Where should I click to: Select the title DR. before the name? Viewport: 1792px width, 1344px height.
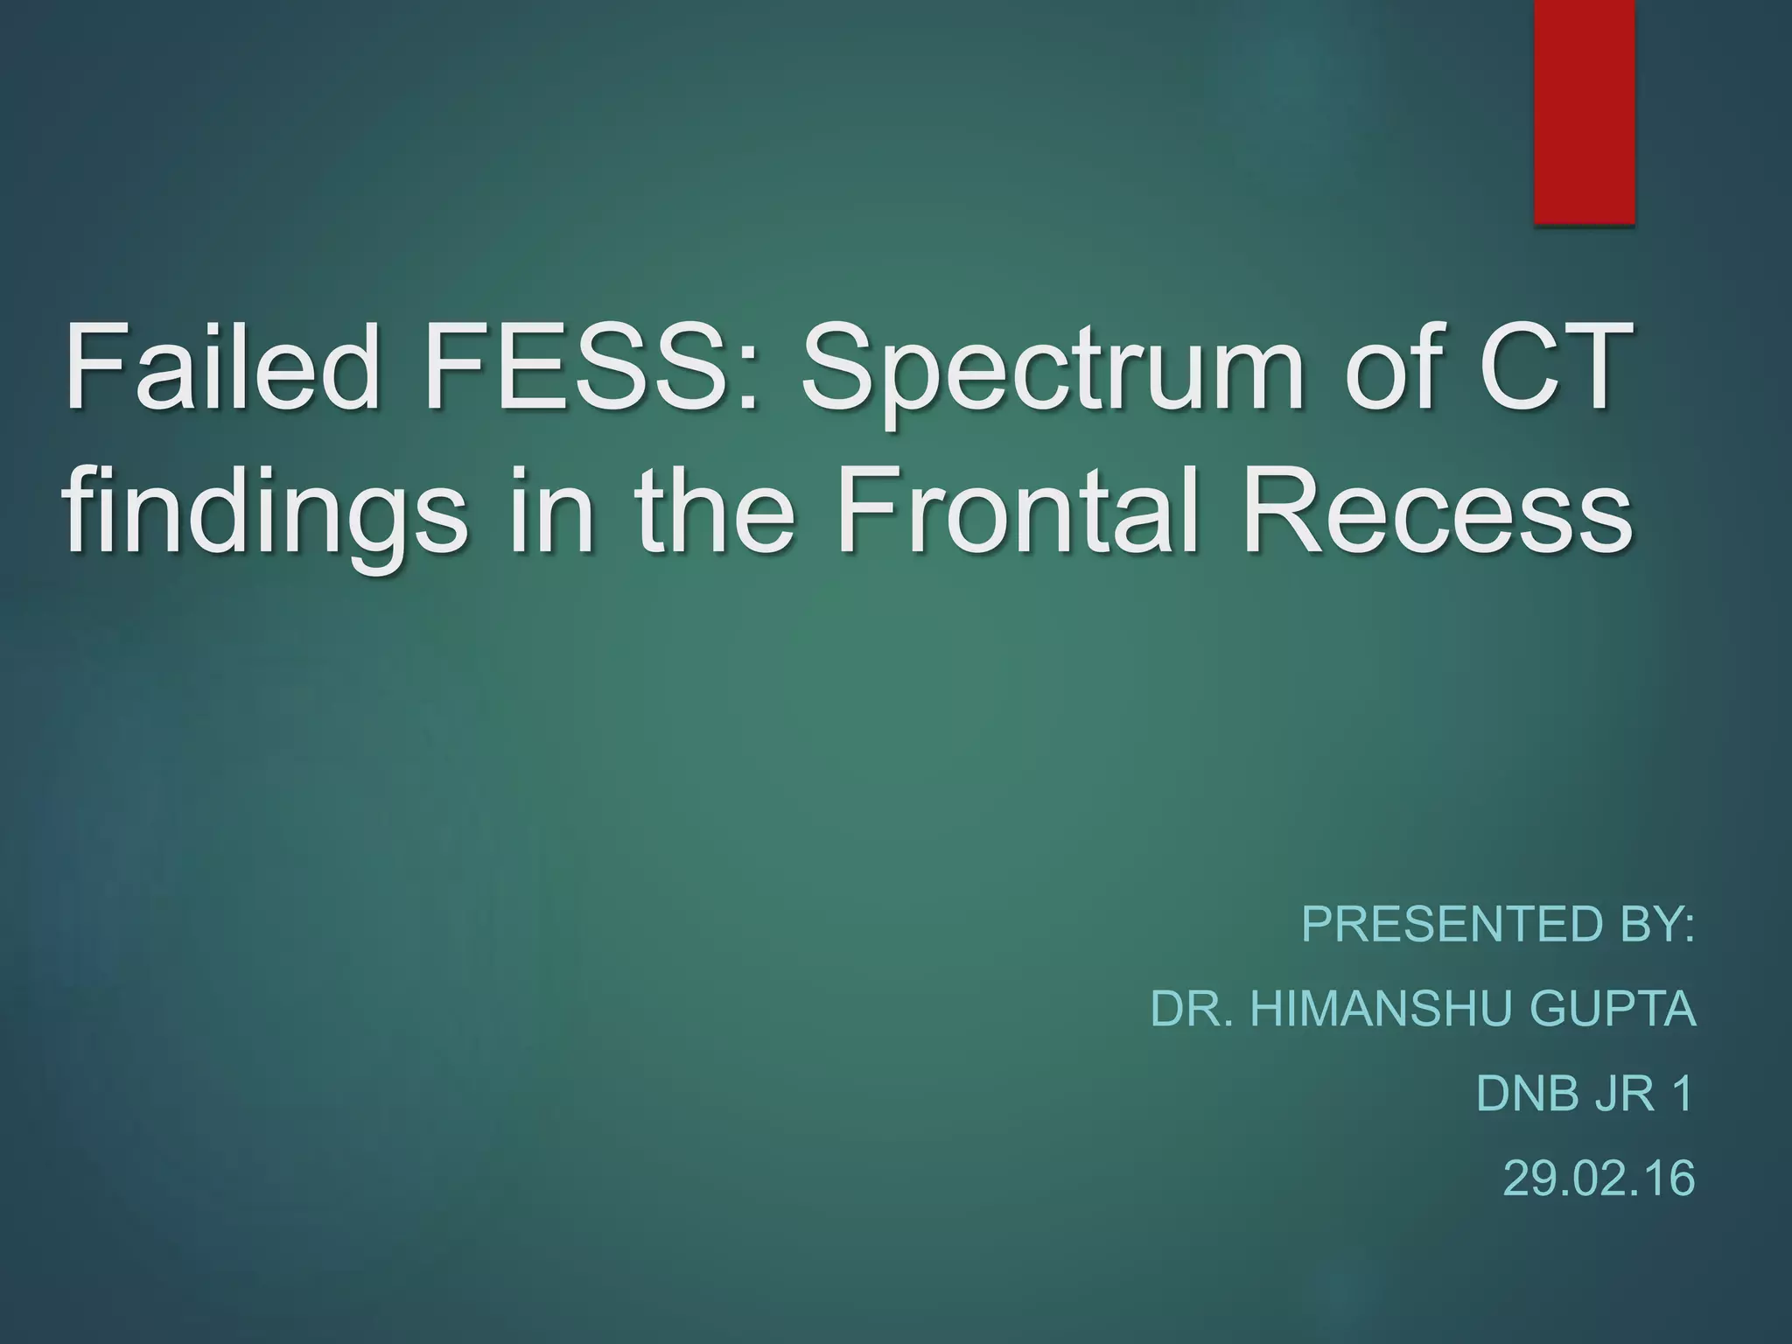click(1193, 1009)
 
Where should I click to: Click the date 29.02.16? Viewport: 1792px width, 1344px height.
click(1599, 1178)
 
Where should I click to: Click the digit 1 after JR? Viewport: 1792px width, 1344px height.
click(1682, 1094)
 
